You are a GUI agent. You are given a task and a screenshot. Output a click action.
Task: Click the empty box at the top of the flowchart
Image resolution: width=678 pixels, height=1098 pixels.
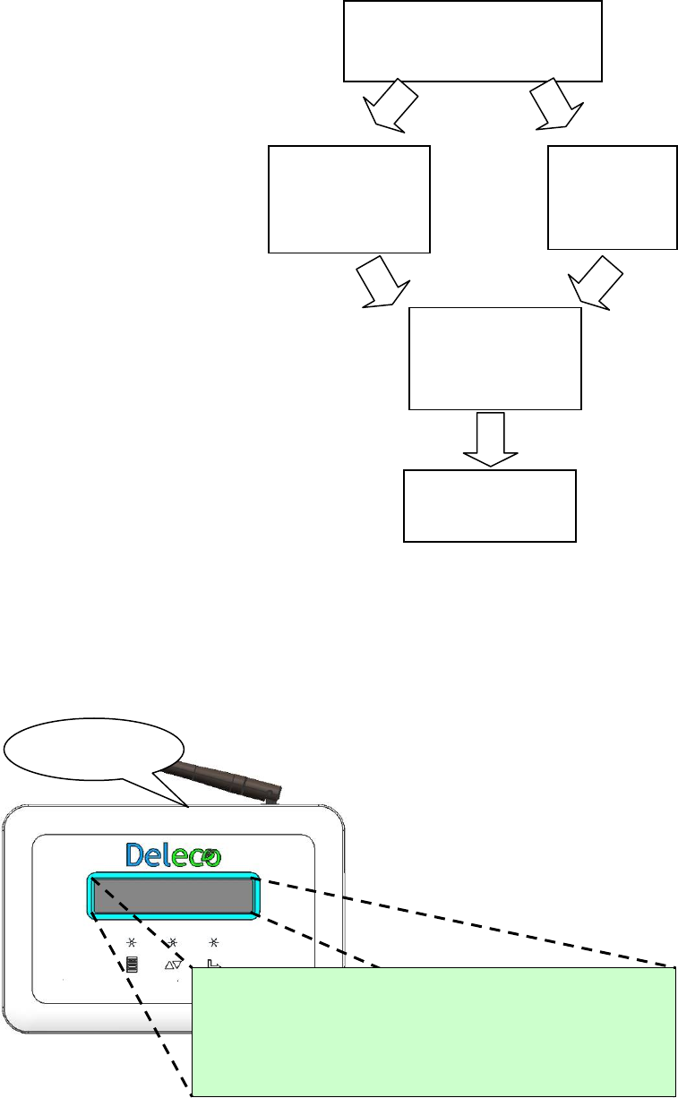[x=473, y=41]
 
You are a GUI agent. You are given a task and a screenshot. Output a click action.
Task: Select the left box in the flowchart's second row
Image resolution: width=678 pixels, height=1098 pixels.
[x=349, y=199]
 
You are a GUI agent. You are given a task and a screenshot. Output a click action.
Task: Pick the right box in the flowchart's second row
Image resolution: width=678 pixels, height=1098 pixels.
[x=612, y=197]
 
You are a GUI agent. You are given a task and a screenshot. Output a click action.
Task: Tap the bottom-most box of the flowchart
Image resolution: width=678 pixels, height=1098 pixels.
[x=489, y=505]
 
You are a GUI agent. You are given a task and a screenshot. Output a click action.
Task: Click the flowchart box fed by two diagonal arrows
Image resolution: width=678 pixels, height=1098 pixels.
[x=494, y=359]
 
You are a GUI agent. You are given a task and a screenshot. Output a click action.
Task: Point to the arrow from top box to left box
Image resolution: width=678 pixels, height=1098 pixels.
[x=390, y=106]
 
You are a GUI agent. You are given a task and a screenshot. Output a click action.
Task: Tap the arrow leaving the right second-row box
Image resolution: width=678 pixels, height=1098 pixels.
[x=596, y=283]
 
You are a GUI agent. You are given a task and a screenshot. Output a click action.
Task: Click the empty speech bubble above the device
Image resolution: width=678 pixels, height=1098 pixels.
[x=93, y=746]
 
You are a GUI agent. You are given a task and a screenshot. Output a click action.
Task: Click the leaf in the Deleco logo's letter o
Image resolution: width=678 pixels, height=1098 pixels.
[x=210, y=856]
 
